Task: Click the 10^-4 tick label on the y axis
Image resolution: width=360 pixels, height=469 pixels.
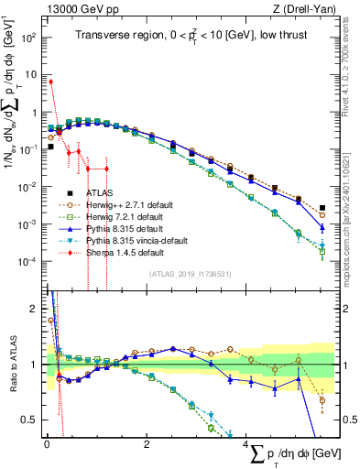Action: click(x=27, y=262)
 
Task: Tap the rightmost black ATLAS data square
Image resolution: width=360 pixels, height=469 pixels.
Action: click(x=322, y=208)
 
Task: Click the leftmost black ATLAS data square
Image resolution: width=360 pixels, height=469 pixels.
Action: click(x=50, y=146)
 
